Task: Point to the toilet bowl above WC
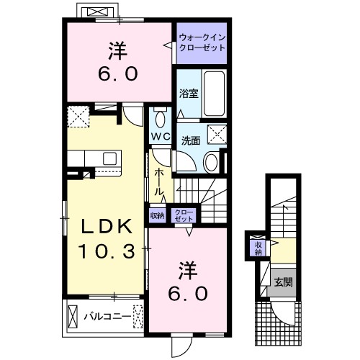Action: click(x=160, y=117)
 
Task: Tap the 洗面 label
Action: click(x=190, y=140)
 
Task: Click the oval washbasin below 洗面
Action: click(x=212, y=162)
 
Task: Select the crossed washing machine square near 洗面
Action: click(x=215, y=134)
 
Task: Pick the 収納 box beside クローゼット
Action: click(x=157, y=215)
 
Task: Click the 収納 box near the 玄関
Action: click(x=258, y=248)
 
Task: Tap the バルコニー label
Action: click(x=105, y=315)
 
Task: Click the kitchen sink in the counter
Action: click(x=110, y=158)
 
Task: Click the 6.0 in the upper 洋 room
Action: click(x=117, y=73)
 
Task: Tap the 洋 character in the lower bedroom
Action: click(x=189, y=269)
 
